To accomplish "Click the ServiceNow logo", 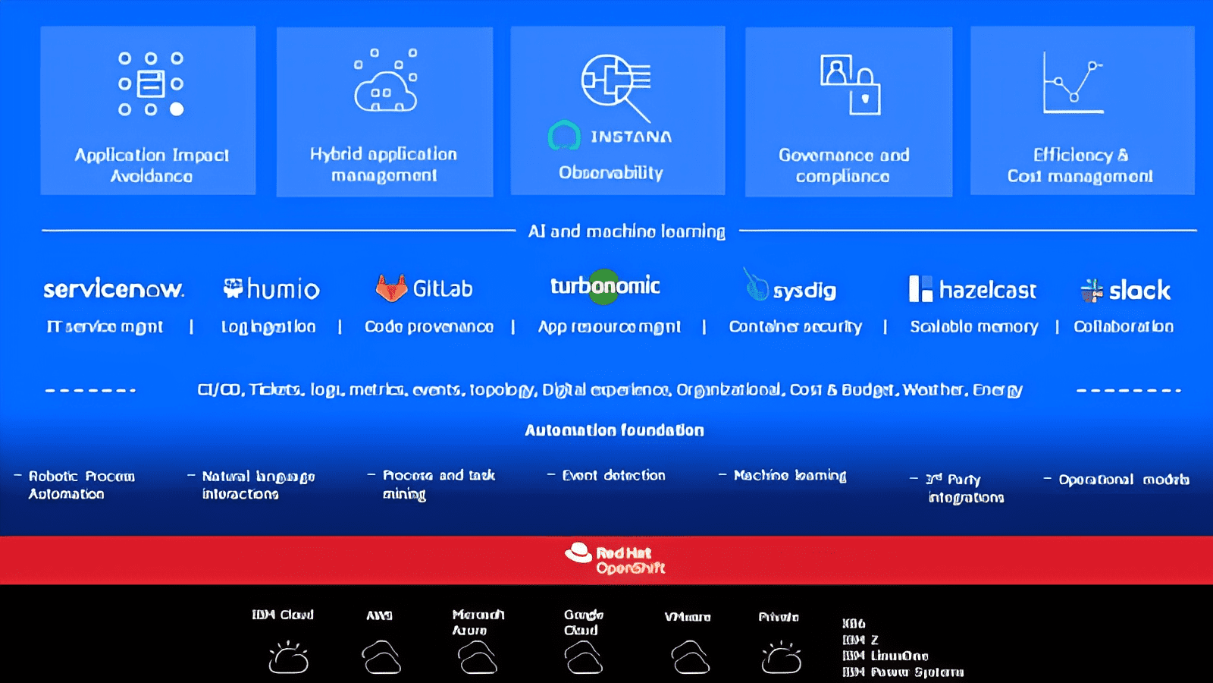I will pyautogui.click(x=114, y=289).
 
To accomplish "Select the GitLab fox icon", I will pyautogui.click(x=391, y=289).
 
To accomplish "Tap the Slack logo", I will pyautogui.click(x=1126, y=290).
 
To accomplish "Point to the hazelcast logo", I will pyautogui.click(x=973, y=289).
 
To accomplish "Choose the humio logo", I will pyautogui.click(x=271, y=289).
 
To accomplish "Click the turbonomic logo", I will pyautogui.click(x=605, y=286).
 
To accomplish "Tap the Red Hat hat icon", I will pyautogui.click(x=578, y=553).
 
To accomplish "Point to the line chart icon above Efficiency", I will pyautogui.click(x=1073, y=83).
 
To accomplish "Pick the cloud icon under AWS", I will pyautogui.click(x=381, y=657).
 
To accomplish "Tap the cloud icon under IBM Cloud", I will pyautogui.click(x=288, y=658).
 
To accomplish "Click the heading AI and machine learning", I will pyautogui.click(x=626, y=231).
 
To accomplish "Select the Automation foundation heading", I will pyautogui.click(x=614, y=430).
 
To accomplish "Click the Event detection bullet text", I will pyautogui.click(x=613, y=476).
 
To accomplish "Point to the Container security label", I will pyautogui.click(x=795, y=327).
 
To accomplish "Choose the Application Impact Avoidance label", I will pyautogui.click(x=152, y=165).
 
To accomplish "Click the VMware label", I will pyautogui.click(x=688, y=617).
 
